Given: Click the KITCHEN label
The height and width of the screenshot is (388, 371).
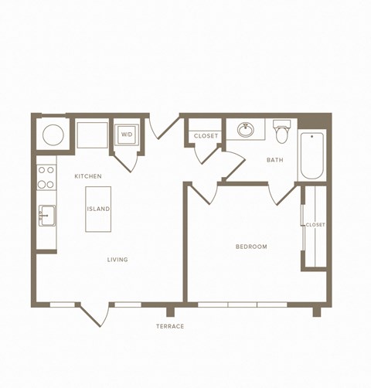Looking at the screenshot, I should click(88, 177).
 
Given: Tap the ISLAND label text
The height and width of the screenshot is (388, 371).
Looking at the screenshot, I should click(98, 209).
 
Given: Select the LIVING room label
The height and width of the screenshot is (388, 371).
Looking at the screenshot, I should click(117, 260).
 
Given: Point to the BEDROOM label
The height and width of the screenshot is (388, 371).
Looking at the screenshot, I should click(251, 247).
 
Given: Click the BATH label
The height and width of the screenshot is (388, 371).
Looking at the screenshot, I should click(274, 161).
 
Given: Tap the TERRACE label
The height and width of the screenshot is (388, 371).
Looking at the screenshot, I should click(170, 326).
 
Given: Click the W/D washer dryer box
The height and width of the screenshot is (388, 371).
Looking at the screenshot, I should click(126, 134).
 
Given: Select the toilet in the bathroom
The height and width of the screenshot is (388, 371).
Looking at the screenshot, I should click(282, 133).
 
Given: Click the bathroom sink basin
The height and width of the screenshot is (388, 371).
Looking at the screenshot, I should click(247, 129).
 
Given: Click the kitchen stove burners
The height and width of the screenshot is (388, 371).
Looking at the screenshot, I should click(46, 177).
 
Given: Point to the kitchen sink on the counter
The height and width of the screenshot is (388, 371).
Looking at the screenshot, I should click(47, 214).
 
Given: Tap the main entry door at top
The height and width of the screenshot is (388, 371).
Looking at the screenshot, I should click(164, 128).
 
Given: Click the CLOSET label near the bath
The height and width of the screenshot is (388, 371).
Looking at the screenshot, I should click(206, 136).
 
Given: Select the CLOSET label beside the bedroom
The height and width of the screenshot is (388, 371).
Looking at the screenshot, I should click(315, 225).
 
